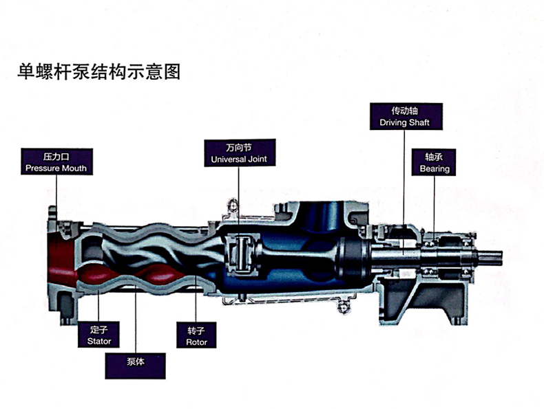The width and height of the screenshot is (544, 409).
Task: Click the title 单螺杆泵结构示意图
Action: (x=99, y=72)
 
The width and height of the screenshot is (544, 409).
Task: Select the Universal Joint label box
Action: (x=239, y=153)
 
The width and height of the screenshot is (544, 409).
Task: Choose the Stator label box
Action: (x=99, y=335)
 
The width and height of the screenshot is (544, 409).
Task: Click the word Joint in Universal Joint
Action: (x=255, y=159)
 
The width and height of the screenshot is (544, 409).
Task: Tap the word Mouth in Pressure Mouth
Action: (x=73, y=168)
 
